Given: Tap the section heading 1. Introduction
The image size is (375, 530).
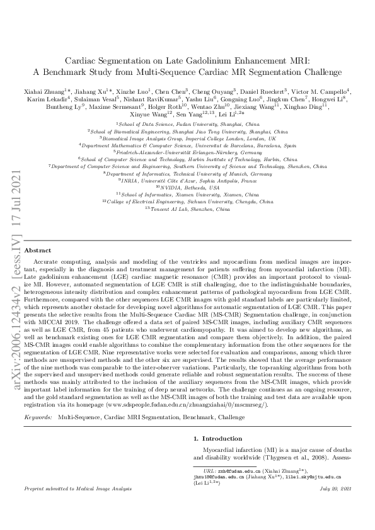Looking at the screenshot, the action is [x=218, y=437].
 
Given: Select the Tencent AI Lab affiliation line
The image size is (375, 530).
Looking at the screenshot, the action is [x=187, y=209].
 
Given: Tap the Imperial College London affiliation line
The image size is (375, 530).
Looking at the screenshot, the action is [x=187, y=138].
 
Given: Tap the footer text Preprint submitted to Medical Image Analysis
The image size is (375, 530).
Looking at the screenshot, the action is [x=81, y=506].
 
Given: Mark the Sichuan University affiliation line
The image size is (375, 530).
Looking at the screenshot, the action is [x=187, y=202].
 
